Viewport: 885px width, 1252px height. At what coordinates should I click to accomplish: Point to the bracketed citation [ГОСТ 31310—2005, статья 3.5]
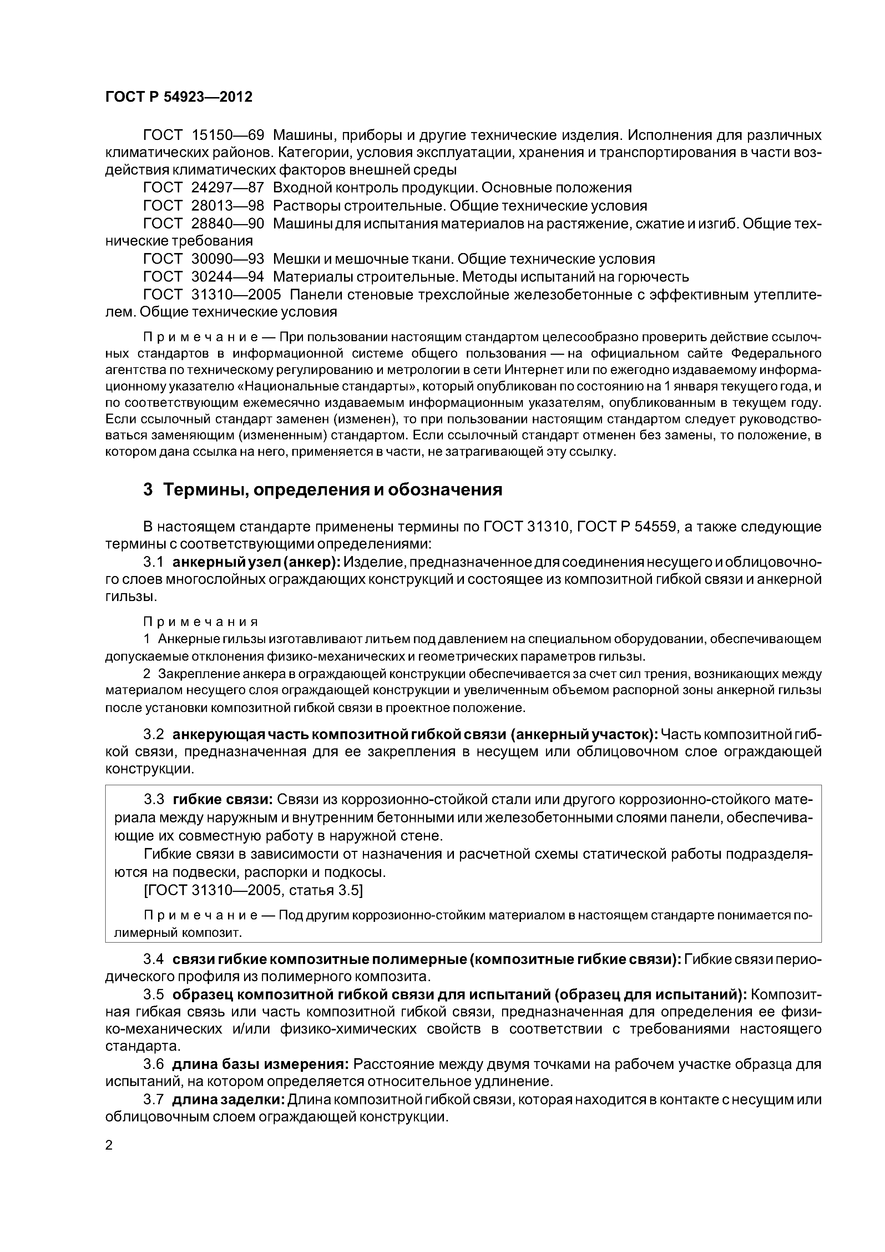tap(253, 890)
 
